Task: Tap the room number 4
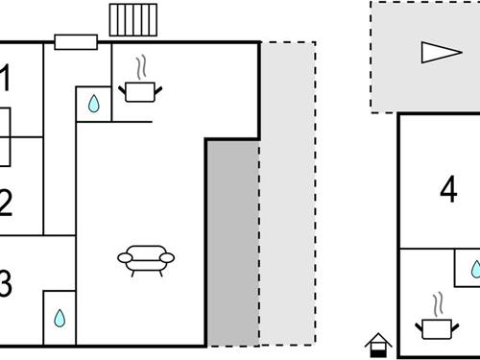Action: pos(448,192)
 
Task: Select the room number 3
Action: pos(5,284)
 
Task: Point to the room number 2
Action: pos(5,203)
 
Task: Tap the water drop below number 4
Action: pos(473,269)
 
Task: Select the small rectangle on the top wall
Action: pos(76,41)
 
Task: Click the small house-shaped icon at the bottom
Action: pos(379,343)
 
